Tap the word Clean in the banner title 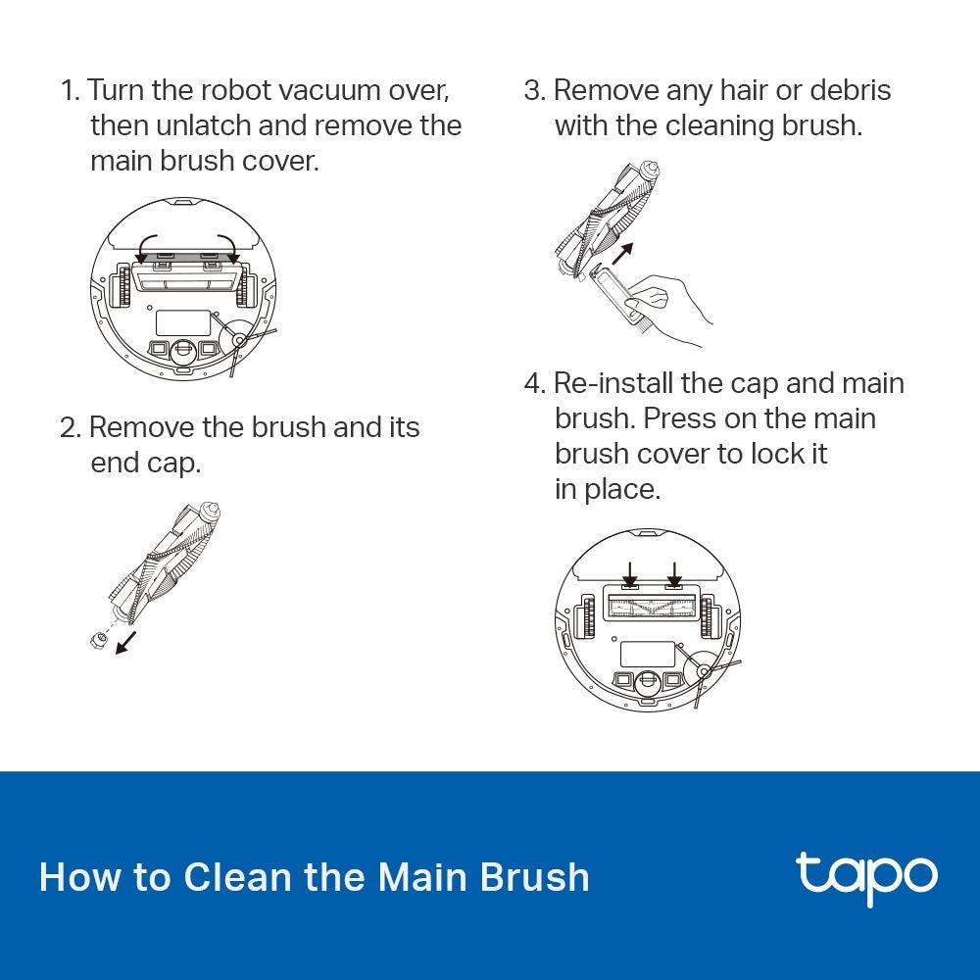point(238,876)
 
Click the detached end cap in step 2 point(98,639)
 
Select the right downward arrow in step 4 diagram point(674,573)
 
